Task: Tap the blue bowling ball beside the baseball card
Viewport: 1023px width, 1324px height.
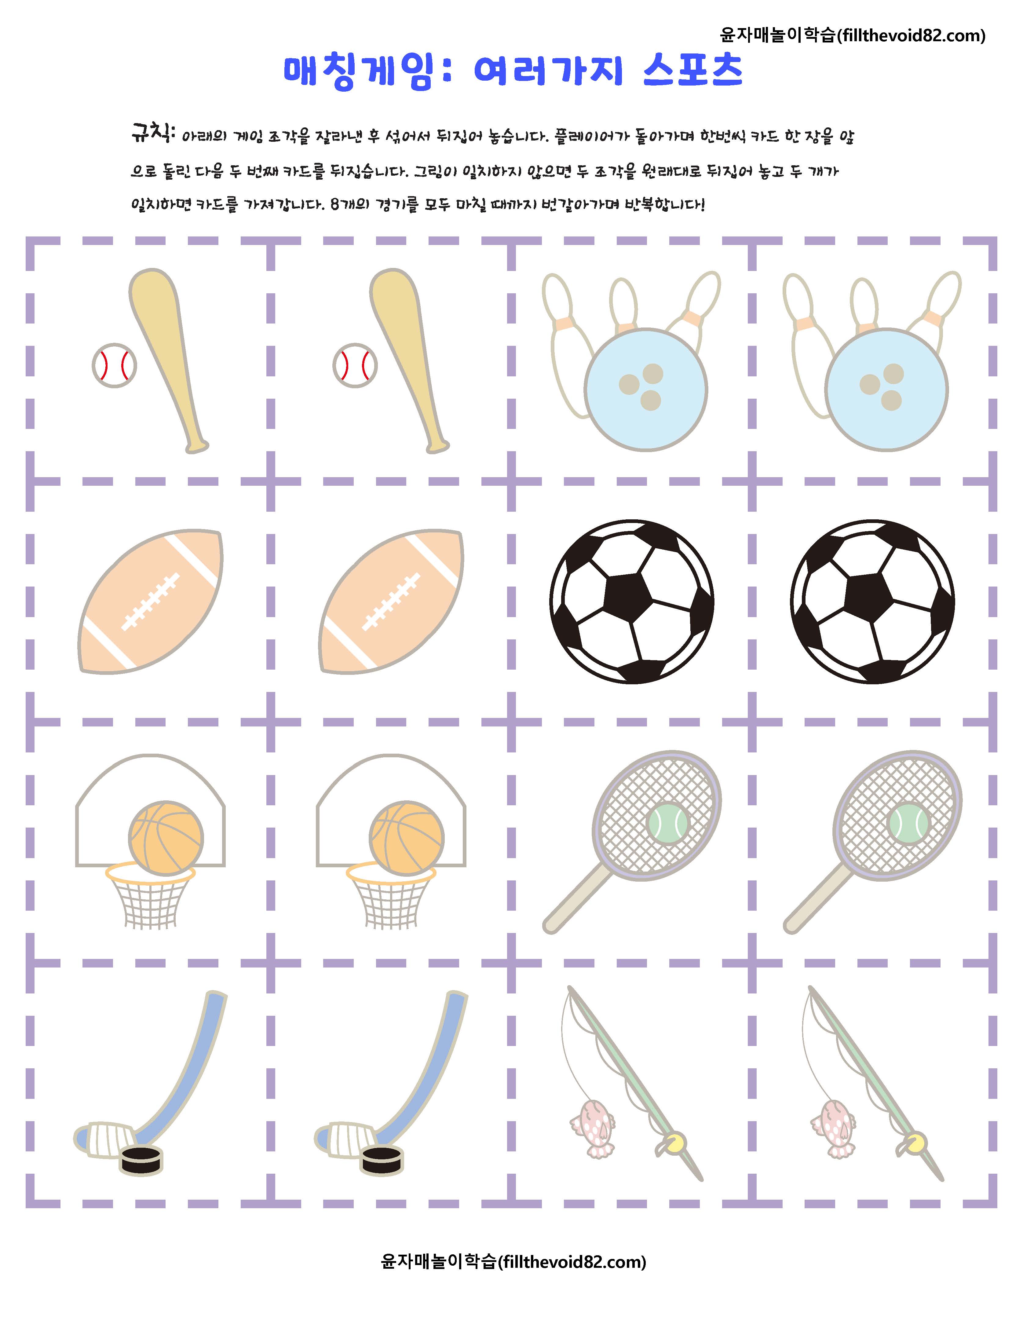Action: (646, 389)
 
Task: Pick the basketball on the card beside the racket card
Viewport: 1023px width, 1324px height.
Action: (407, 839)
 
